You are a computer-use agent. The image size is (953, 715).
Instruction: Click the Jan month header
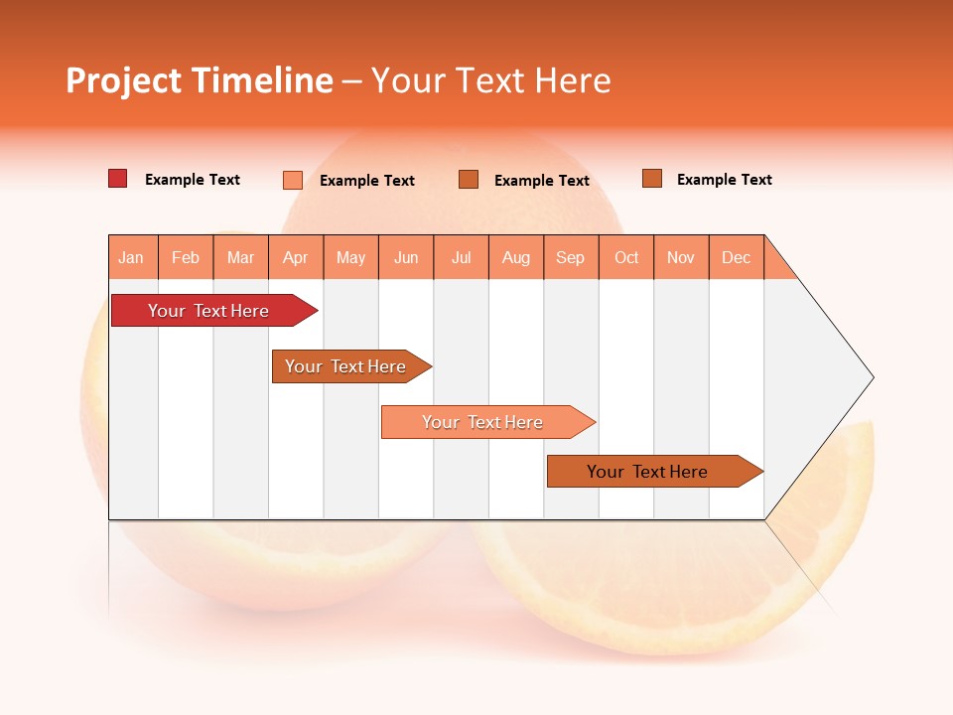[x=132, y=257]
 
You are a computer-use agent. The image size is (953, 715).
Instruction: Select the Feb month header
[x=186, y=257]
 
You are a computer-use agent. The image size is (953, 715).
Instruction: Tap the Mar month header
[x=240, y=257]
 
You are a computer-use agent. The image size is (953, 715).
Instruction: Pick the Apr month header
[x=296, y=257]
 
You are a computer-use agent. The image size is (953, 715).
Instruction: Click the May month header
[x=350, y=257]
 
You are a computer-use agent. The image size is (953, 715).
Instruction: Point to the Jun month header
[x=406, y=257]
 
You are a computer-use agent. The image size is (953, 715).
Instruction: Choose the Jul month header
[x=462, y=257]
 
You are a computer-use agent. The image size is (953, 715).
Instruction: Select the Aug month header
[x=516, y=257]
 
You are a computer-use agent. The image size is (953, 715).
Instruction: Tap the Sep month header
[x=571, y=257]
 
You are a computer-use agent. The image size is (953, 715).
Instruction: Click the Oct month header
[x=626, y=257]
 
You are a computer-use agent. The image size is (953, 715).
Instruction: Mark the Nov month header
[x=681, y=257]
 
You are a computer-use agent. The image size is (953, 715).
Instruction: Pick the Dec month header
[x=737, y=257]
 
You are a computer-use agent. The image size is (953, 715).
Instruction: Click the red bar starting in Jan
[x=209, y=311]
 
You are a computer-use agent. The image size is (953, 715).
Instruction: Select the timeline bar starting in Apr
[x=346, y=366]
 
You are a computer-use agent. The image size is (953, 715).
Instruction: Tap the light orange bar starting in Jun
[x=483, y=422]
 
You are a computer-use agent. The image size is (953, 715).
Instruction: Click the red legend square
[x=118, y=179]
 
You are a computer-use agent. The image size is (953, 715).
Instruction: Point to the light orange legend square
[x=293, y=180]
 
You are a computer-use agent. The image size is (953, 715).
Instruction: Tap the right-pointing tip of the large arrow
[x=870, y=377]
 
